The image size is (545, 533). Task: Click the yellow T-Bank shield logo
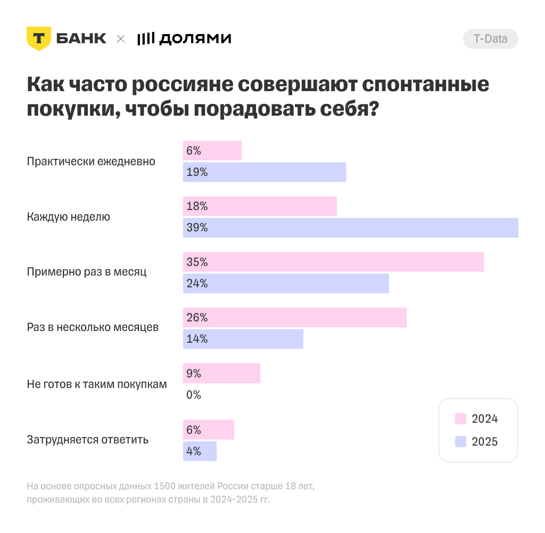coord(39,38)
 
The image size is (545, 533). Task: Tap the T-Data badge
coord(490,39)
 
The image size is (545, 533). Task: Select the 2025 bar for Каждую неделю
coord(350,228)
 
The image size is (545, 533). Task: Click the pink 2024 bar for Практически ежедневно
coord(212,151)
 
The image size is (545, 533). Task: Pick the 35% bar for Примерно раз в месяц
coord(333,262)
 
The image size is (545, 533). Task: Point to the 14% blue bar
coord(243,339)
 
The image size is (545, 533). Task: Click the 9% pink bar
coord(221,373)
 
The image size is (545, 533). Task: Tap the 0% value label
coord(194,395)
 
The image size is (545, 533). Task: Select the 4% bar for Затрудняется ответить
coord(200,451)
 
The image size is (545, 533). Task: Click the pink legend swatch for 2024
coord(461,419)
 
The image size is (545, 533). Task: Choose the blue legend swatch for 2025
coord(461,442)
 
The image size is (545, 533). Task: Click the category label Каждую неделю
coord(68,217)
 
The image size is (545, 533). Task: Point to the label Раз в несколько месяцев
coord(93,327)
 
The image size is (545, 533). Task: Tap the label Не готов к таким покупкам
coord(97,384)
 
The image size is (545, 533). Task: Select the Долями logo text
coord(195,38)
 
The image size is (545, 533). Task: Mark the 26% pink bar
coord(294,318)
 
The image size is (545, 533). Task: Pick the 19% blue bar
coord(265,172)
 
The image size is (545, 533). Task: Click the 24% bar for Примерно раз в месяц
coord(286,284)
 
